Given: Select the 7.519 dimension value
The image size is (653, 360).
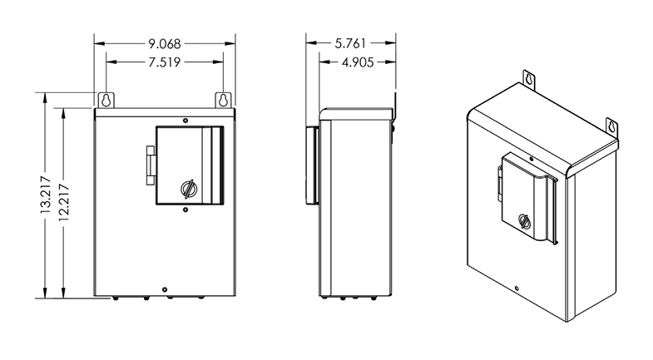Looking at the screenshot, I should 165,62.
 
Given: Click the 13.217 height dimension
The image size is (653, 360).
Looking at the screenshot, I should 46,196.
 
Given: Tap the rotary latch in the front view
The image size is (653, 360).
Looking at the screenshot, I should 189,188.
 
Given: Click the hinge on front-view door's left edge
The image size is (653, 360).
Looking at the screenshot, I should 151,164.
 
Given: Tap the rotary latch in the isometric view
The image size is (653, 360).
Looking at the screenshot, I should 524,222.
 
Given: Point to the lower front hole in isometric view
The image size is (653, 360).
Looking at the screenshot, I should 517,289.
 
